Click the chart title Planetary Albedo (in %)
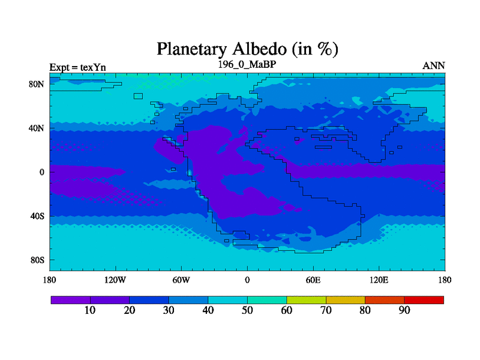coord(247,49)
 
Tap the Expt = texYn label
coord(78,67)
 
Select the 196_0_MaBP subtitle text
coord(247,64)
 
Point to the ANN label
coord(433,66)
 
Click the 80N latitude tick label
coord(37,84)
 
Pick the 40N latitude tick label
coord(37,128)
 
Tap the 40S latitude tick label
coord(37,216)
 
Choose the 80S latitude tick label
coord(37,260)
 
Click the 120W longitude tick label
coord(115,280)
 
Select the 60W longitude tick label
coord(181,280)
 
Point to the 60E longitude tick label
coord(313,280)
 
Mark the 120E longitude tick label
coord(379,280)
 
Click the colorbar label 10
coord(90,310)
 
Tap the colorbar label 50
coord(247,310)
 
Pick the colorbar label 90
coord(404,310)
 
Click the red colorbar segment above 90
coord(424,300)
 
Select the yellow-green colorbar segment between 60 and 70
coord(307,300)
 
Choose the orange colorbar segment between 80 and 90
coord(385,300)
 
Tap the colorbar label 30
coord(169,310)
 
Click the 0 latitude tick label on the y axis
coord(41,172)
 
